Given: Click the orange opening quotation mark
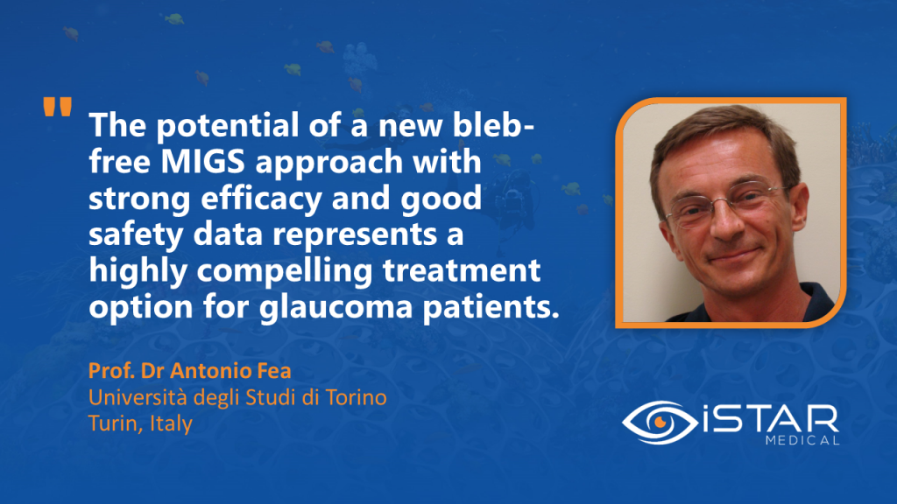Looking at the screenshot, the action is click(57, 107).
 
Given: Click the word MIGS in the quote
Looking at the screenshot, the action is click(202, 162).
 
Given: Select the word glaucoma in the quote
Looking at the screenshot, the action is click(335, 307).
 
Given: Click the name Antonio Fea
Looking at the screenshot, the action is click(230, 371).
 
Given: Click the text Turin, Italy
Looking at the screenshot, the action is click(140, 423).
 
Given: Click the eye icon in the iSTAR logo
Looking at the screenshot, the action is click(660, 423).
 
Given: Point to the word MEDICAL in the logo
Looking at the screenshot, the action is click(802, 441).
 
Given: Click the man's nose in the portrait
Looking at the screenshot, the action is click(726, 220).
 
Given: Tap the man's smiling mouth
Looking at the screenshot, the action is click(737, 255).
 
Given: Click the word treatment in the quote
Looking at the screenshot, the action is click(462, 270).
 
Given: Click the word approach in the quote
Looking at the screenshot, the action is click(329, 163).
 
